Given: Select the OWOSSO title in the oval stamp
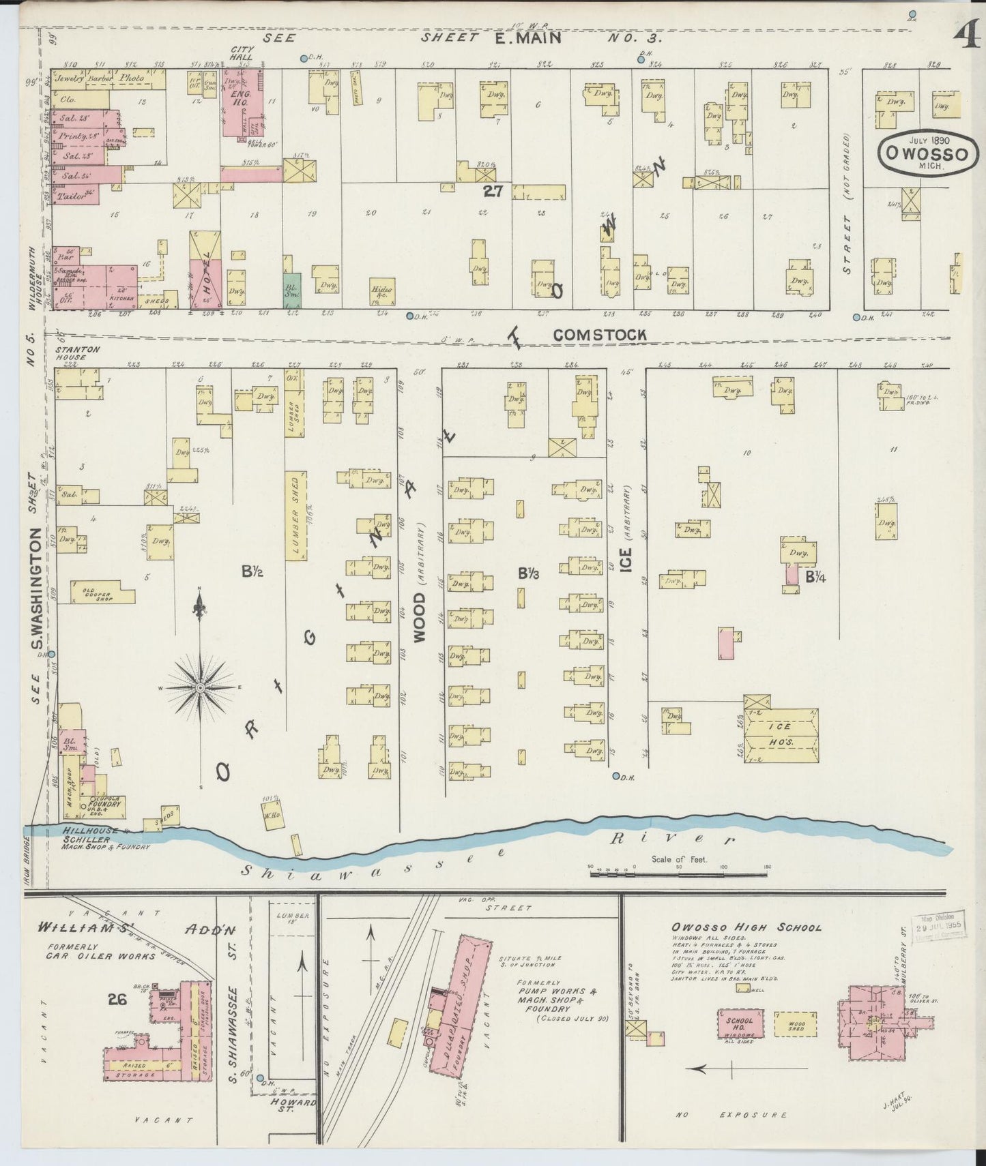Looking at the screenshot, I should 925,153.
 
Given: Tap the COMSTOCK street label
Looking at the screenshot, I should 599,335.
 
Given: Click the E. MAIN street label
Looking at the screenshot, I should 527,38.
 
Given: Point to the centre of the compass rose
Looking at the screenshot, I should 199,689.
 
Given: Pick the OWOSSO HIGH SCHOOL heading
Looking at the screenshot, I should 746,928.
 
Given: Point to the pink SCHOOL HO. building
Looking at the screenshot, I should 740,1024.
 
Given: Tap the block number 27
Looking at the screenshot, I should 493,192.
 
